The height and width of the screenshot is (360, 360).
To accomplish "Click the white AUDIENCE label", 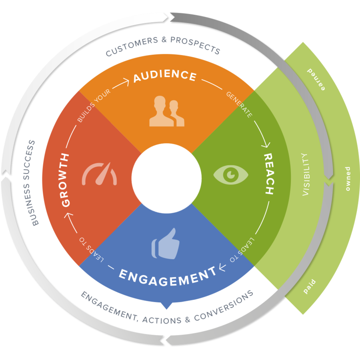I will tap(165, 76).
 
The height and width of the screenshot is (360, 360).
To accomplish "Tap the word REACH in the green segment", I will tap(268, 174).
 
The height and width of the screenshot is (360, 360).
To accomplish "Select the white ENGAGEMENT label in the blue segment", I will tap(168, 275).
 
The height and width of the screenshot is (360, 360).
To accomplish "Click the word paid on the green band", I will tap(310, 286).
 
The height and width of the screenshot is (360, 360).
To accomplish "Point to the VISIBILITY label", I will tap(306, 174).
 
